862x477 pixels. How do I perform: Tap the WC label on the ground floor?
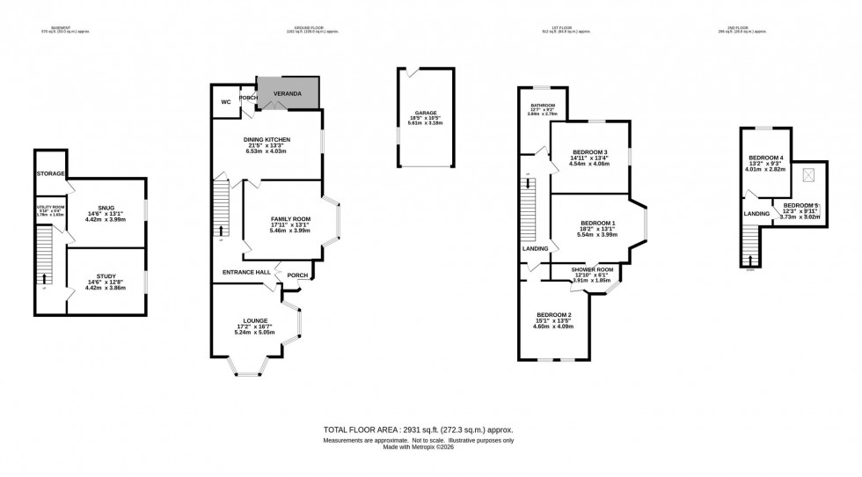(226, 102)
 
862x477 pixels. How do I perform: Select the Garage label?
(426, 114)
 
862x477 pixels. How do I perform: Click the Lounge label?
(255, 320)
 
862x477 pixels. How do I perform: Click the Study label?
(106, 276)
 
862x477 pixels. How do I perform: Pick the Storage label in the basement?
(51, 174)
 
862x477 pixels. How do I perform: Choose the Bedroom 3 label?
(589, 152)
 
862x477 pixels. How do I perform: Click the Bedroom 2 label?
(554, 315)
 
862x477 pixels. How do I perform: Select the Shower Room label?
(591, 270)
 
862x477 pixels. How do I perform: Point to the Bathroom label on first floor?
(543, 106)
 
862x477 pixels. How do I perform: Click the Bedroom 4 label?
(765, 158)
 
